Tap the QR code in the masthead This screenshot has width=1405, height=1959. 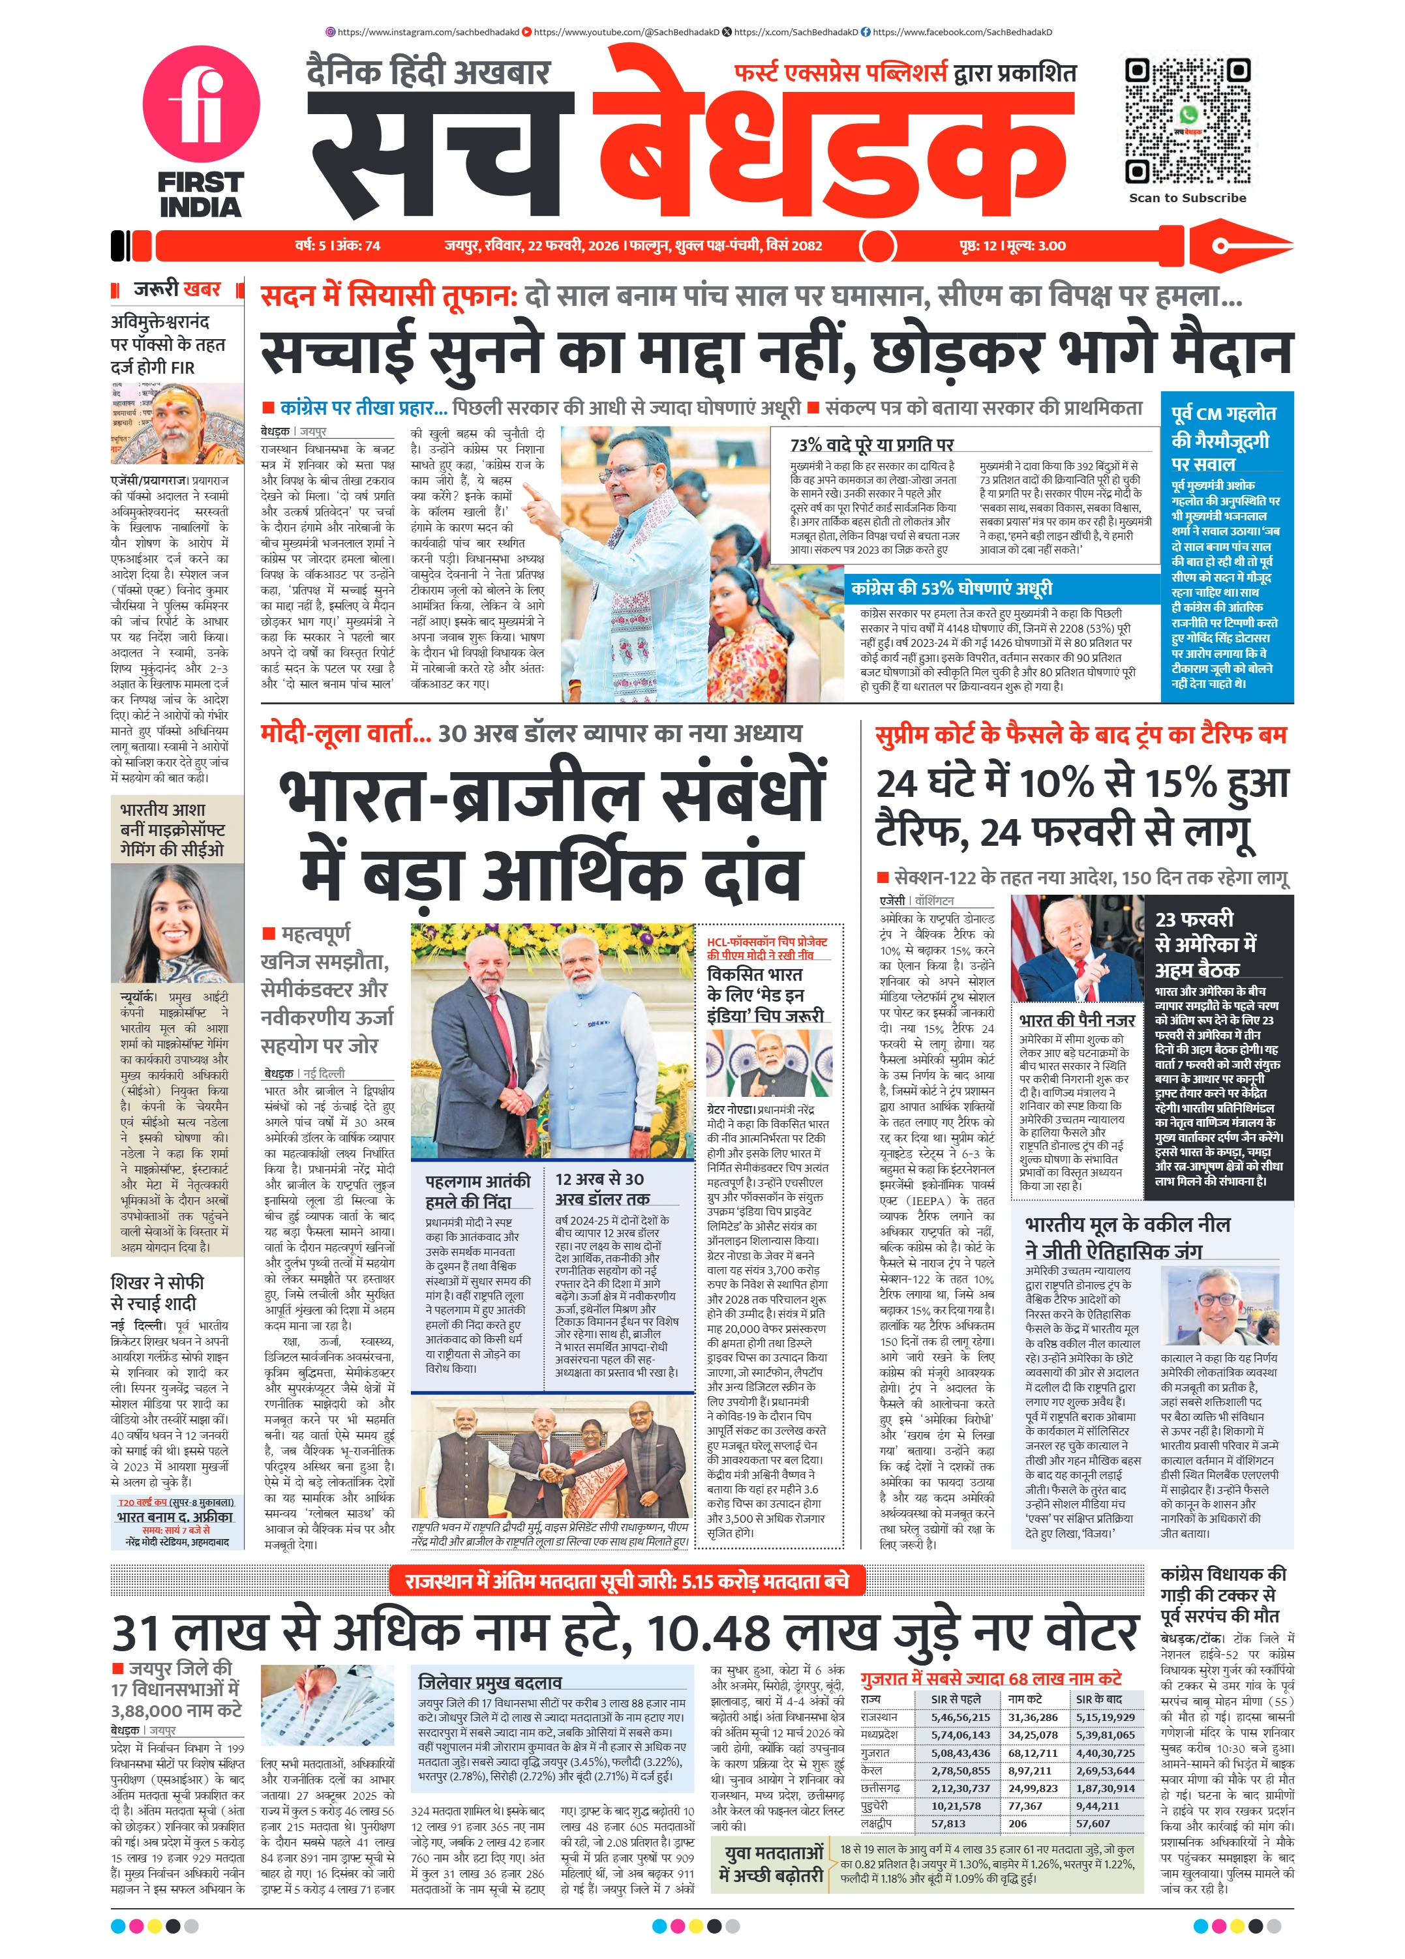click(x=1187, y=121)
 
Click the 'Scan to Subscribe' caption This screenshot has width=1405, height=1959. click(x=1187, y=198)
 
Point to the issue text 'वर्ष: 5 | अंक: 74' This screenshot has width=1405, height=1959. click(x=337, y=245)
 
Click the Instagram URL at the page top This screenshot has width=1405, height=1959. click(x=423, y=32)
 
